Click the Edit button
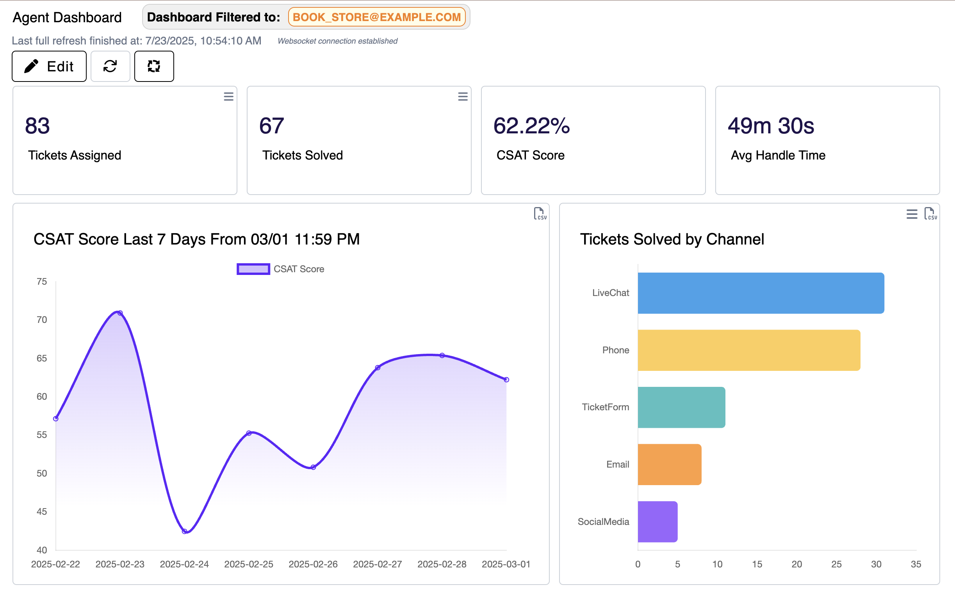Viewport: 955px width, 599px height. (49, 66)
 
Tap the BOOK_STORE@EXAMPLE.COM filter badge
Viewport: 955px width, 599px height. (376, 17)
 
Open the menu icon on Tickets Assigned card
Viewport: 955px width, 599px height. (228, 97)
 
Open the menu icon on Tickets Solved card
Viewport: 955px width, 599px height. (462, 97)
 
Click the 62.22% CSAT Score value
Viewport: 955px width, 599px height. (531, 126)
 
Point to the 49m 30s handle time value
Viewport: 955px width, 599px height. (771, 126)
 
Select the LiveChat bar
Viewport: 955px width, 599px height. (761, 293)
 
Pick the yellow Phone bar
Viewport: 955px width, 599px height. (749, 350)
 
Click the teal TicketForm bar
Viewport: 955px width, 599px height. (681, 407)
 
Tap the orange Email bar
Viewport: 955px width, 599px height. (670, 464)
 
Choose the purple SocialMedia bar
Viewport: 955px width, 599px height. (657, 522)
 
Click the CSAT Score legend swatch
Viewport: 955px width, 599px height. (253, 269)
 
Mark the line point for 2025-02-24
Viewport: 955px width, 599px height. (184, 531)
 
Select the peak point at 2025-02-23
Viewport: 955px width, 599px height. (120, 313)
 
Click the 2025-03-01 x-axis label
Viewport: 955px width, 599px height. (506, 564)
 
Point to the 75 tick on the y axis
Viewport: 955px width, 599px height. (42, 282)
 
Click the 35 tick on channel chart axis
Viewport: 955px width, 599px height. (916, 564)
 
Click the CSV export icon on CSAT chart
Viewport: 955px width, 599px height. (539, 214)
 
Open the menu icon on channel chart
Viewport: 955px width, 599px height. (912, 214)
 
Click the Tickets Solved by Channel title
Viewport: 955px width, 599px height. (672, 239)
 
